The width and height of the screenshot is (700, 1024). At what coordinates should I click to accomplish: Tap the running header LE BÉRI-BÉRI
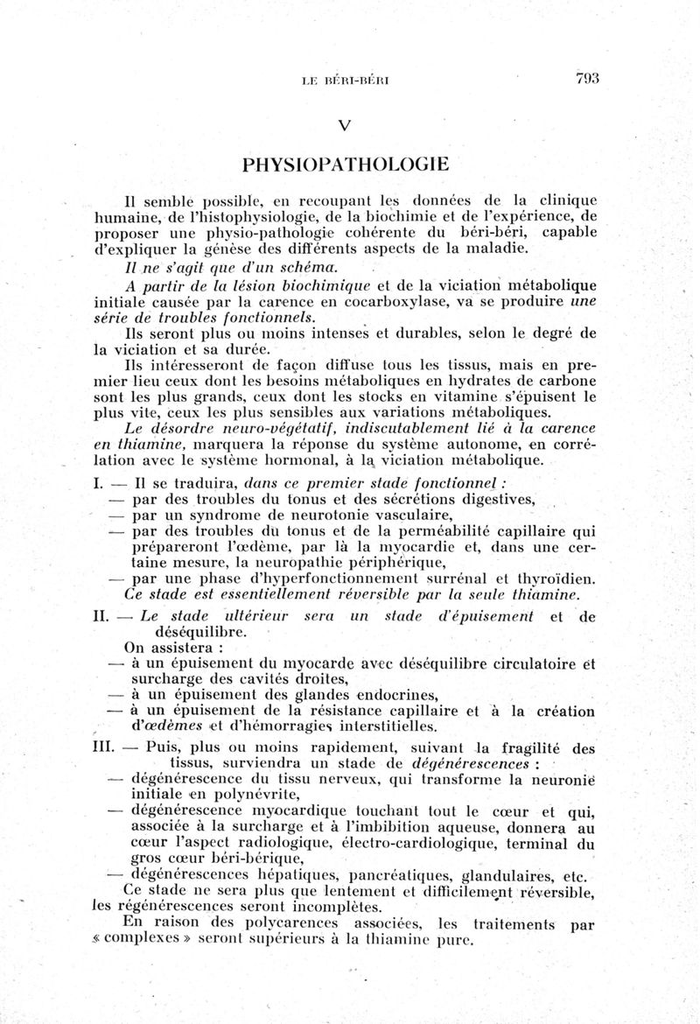pos(344,80)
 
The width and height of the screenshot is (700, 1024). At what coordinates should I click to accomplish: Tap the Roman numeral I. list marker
pos(98,483)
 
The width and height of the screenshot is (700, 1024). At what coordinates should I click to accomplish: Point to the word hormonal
pos(294,459)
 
